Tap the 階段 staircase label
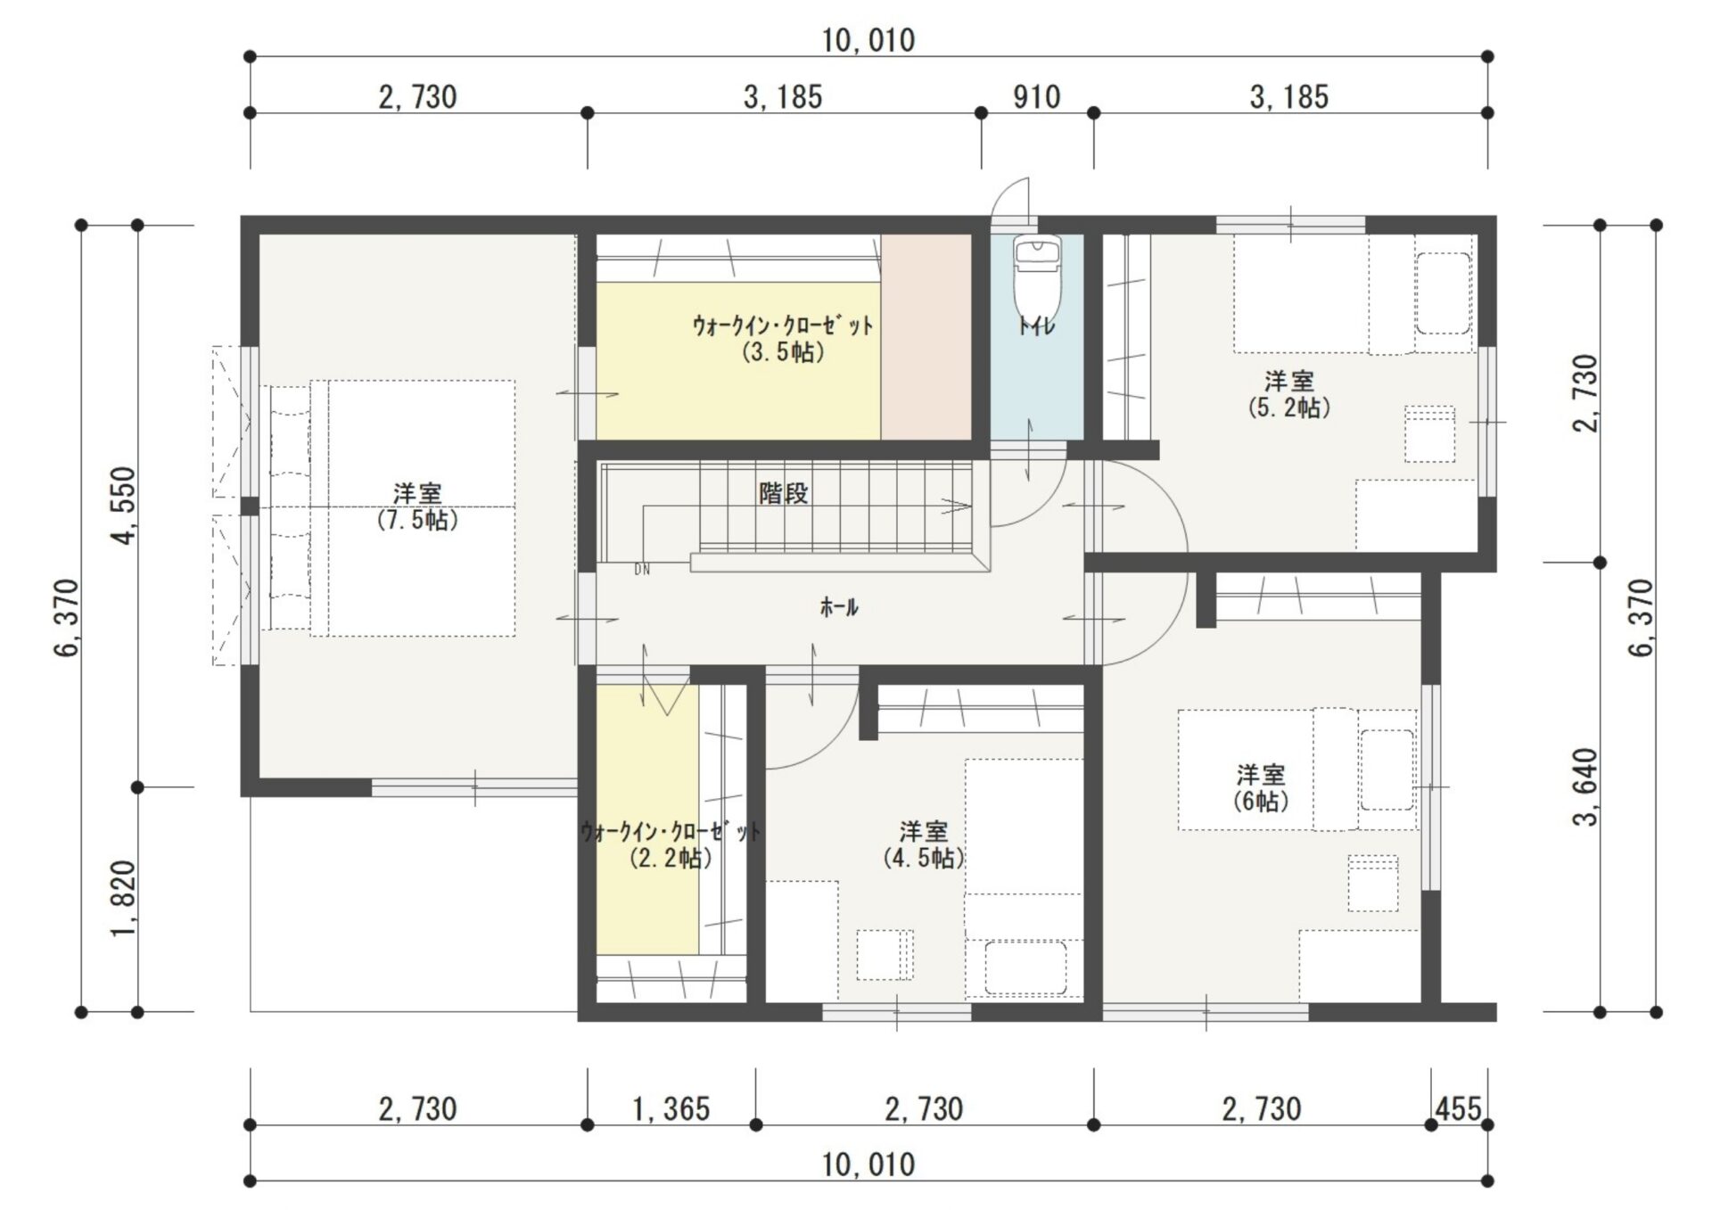point(784,493)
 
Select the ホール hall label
point(838,608)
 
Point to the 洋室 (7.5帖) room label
point(417,506)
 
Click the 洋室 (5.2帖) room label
point(1288,395)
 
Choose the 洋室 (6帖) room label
point(1261,788)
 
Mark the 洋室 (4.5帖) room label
point(923,845)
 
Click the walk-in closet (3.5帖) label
point(783,339)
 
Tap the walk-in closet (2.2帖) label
point(671,845)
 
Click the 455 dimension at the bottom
point(1459,1108)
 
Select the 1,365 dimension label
point(671,1109)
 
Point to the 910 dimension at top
point(1036,96)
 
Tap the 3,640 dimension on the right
point(1586,786)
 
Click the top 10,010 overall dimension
point(868,40)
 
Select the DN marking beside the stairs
point(642,570)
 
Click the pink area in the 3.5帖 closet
point(926,336)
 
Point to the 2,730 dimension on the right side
point(1586,393)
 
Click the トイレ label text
point(1036,326)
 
